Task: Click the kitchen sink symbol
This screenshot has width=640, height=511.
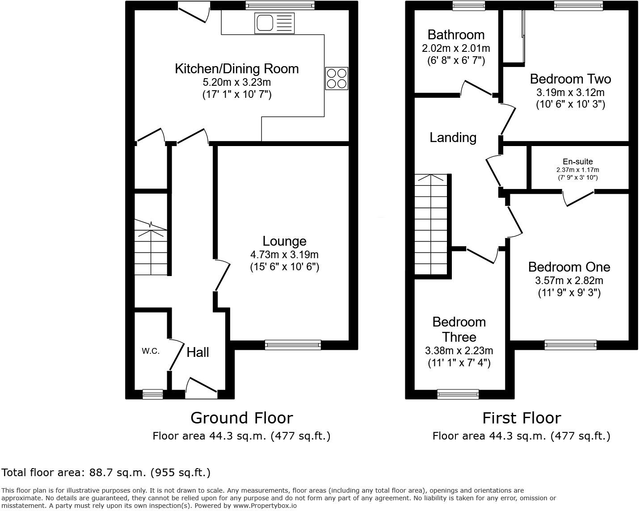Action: point(274,23)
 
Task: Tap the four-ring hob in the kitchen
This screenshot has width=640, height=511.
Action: point(336,78)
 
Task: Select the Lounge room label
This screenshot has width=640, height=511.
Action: point(284,241)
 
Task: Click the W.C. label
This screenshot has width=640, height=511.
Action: point(151,351)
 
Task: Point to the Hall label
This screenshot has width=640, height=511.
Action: point(198,352)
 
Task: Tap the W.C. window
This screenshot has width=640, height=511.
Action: point(152,394)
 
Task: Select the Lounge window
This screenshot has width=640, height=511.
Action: point(293,344)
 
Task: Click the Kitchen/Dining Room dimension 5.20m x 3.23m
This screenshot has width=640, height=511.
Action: point(236,82)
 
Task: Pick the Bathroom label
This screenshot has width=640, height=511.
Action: point(456,35)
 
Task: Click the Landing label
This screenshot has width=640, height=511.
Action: point(453,138)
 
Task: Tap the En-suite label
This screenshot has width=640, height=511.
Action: point(577,162)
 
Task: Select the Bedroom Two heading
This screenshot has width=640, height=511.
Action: point(570,79)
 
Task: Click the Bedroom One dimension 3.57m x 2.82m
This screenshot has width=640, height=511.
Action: point(569,281)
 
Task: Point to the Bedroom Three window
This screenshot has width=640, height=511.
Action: point(458,394)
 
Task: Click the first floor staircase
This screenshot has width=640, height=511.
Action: point(431,225)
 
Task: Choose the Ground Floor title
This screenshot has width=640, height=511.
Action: point(241,418)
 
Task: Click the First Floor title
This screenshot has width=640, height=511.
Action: point(521,418)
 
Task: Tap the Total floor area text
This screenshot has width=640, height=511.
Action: point(106,473)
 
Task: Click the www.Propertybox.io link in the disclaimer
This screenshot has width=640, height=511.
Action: point(265,506)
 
